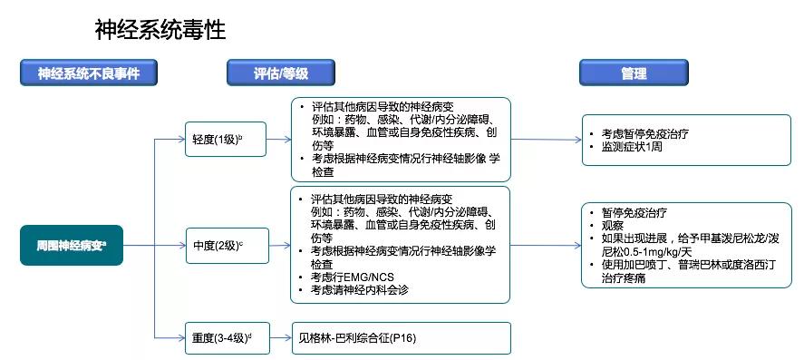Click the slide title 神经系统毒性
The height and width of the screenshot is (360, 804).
pos(160,30)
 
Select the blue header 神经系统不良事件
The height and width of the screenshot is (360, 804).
pos(89,73)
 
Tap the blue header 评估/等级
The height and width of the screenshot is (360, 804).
pos(279,73)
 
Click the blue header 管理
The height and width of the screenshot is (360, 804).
pos(634,73)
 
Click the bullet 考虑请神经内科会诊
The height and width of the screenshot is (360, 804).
pos(359,289)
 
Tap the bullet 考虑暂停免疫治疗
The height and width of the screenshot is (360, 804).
pos(644,133)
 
